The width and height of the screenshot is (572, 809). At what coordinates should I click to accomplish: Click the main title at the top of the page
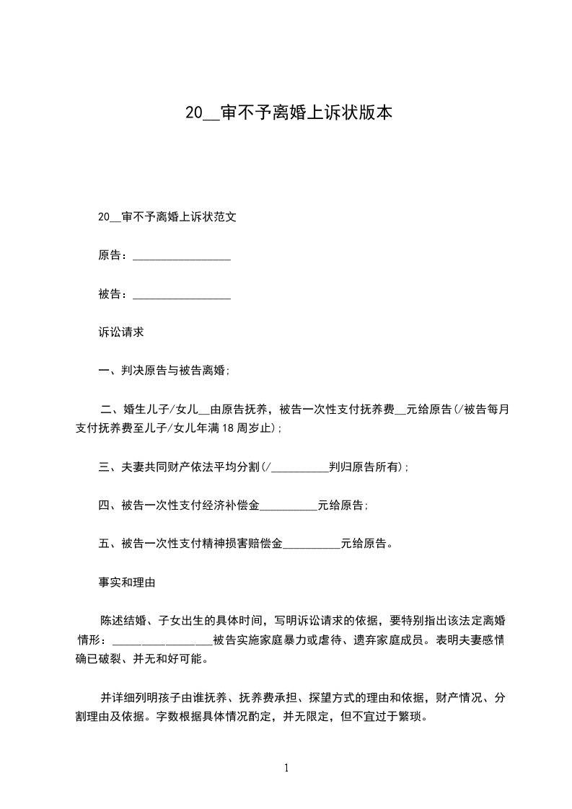[x=289, y=113]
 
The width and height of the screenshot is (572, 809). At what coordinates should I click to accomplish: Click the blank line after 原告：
[x=182, y=256]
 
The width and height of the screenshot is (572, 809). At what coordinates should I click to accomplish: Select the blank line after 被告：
[x=182, y=294]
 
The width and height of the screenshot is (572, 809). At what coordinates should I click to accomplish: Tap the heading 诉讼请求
[x=121, y=332]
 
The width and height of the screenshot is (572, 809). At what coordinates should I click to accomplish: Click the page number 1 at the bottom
[x=286, y=768]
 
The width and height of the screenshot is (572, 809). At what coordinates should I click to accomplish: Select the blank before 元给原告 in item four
[x=288, y=505]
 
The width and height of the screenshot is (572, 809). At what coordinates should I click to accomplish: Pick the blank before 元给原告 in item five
[x=311, y=544]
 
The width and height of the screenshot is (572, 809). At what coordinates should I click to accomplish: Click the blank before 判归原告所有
[x=299, y=467]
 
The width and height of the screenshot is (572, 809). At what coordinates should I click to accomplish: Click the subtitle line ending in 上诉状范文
[x=167, y=217]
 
